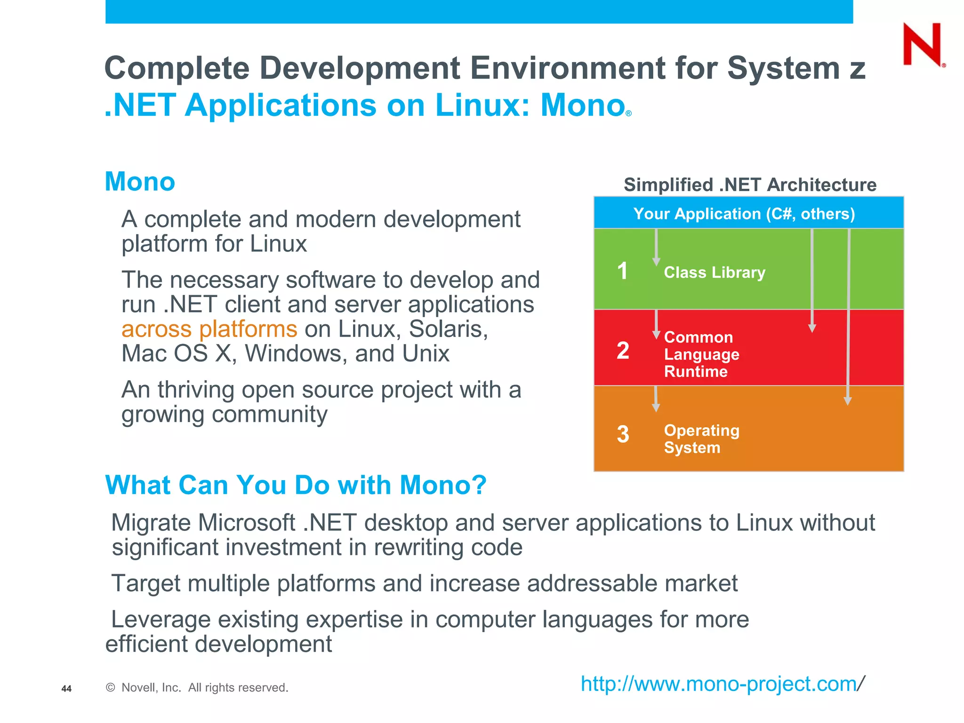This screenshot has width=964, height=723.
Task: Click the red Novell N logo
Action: (922, 45)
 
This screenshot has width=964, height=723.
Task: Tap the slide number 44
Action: (66, 689)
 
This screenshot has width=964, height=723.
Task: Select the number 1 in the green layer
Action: (622, 271)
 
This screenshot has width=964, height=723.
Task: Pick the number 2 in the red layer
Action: (623, 351)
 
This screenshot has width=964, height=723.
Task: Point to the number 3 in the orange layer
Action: (623, 434)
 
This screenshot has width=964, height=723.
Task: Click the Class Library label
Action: (714, 273)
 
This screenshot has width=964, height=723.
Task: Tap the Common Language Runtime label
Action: (701, 354)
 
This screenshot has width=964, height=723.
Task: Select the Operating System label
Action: (701, 439)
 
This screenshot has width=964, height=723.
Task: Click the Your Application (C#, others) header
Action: (744, 214)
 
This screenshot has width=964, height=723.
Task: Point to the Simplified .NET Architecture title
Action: (750, 185)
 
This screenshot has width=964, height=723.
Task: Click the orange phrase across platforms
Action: (209, 329)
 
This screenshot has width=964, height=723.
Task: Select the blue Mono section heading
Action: (140, 182)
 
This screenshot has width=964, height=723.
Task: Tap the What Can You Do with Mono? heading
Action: (296, 485)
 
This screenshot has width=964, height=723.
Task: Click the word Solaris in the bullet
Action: (448, 329)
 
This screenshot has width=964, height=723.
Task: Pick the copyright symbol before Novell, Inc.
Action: (111, 688)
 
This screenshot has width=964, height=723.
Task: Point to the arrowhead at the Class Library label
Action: (656, 262)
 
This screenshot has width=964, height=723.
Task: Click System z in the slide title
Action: (795, 68)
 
